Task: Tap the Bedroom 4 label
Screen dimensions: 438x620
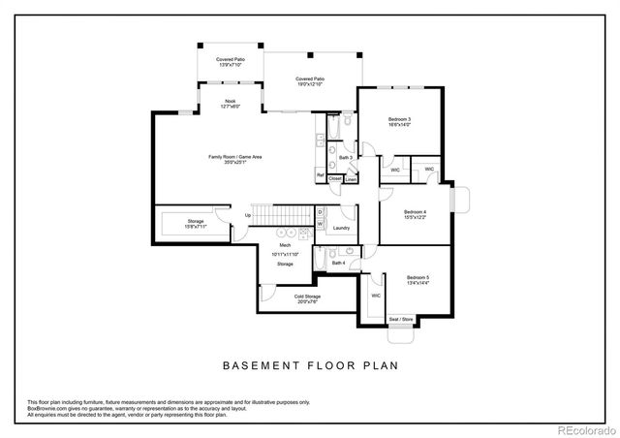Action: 415,211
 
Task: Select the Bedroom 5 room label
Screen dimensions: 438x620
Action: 418,277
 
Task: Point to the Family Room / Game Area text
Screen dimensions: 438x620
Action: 234,157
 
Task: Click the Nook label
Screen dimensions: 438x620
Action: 230,100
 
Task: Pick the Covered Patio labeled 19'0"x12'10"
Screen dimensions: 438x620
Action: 310,78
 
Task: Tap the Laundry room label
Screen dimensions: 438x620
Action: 340,228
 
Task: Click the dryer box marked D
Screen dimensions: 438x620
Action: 320,211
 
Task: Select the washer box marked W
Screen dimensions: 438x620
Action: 320,224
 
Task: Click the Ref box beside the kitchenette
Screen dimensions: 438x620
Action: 320,175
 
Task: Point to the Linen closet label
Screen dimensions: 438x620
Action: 351,178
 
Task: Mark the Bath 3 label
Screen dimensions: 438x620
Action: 345,157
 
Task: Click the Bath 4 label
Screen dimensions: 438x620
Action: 337,263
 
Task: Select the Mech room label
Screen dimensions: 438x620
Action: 286,245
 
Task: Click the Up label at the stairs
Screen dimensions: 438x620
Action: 248,214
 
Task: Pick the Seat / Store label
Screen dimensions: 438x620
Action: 401,319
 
